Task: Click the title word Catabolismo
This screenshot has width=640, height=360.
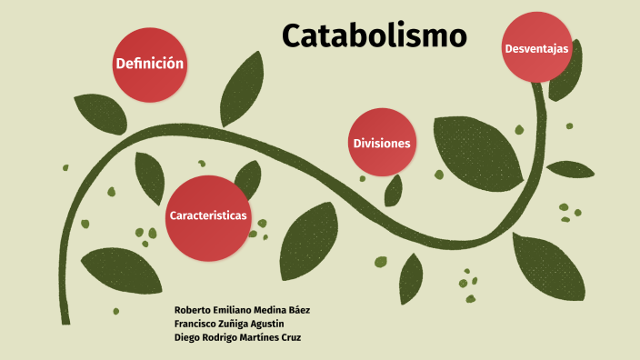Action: pyautogui.click(x=374, y=35)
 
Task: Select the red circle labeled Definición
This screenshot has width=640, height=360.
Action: pyautogui.click(x=149, y=64)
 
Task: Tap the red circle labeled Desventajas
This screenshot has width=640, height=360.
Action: pyautogui.click(x=536, y=46)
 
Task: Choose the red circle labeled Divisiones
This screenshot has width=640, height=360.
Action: pyautogui.click(x=382, y=143)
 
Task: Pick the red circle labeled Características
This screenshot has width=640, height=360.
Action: pyautogui.click(x=208, y=215)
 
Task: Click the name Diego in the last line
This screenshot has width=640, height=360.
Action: pyautogui.click(x=187, y=337)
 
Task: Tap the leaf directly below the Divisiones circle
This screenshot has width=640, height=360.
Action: pyautogui.click(x=394, y=190)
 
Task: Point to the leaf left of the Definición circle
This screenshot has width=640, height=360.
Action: pyautogui.click(x=99, y=113)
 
